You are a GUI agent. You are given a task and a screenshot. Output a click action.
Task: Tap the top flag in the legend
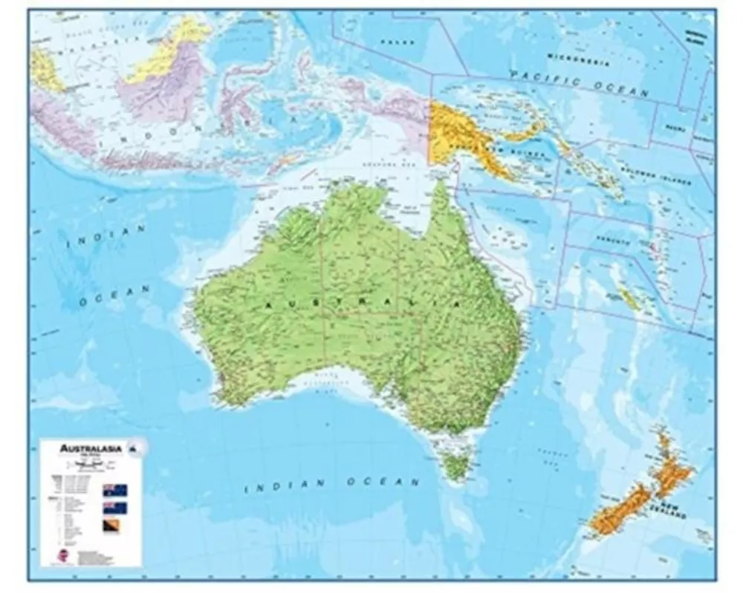115,490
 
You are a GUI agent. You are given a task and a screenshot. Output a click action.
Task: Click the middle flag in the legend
115,508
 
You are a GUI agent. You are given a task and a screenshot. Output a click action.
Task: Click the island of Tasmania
455,466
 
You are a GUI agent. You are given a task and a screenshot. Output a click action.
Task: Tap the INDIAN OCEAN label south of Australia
332,484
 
